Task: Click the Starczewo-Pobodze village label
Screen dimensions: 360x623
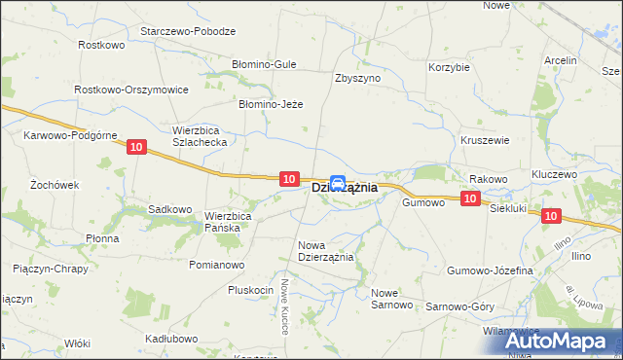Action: point(188,31)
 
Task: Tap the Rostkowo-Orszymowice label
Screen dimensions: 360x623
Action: point(130,89)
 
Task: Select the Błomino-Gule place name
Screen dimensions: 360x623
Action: point(263,64)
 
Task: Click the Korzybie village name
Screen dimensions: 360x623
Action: point(450,68)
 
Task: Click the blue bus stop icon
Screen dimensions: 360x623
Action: point(338,181)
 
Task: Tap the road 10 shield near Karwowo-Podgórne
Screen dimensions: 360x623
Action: point(135,146)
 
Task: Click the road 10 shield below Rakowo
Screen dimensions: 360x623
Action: point(470,198)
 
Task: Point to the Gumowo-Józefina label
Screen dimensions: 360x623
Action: point(490,270)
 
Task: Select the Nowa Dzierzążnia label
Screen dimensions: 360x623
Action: point(325,251)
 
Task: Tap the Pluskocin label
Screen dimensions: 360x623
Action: point(250,290)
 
